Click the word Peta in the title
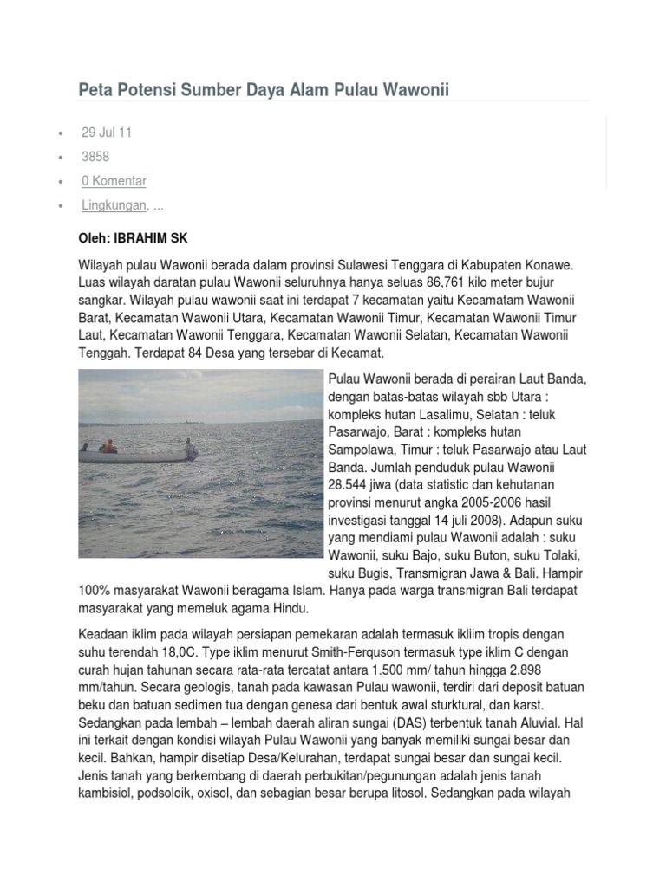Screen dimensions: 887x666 coord(95,90)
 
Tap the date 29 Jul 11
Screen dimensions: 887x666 coord(107,133)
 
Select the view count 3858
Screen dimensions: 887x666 coord(95,157)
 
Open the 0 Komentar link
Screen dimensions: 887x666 coord(114,181)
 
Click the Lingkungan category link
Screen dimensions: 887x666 coord(114,205)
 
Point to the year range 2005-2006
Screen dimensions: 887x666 coord(477,502)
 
